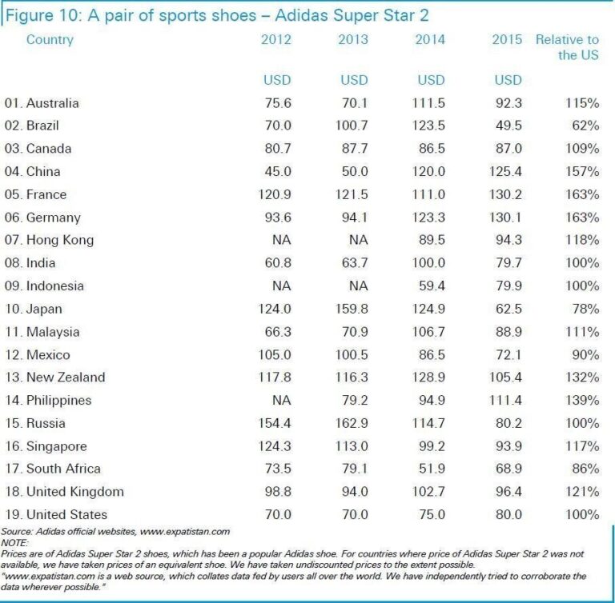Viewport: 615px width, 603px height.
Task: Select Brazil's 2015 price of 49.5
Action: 508,126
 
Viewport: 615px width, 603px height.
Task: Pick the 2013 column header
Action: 353,40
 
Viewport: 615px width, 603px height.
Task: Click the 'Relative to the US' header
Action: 567,47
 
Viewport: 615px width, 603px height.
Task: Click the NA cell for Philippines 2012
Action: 281,400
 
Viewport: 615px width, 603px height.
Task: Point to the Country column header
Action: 50,40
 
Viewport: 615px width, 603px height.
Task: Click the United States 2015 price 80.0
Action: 508,514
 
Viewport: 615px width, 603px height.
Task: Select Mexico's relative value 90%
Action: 584,354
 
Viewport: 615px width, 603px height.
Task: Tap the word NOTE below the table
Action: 14,541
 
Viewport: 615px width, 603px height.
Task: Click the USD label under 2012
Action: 277,80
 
